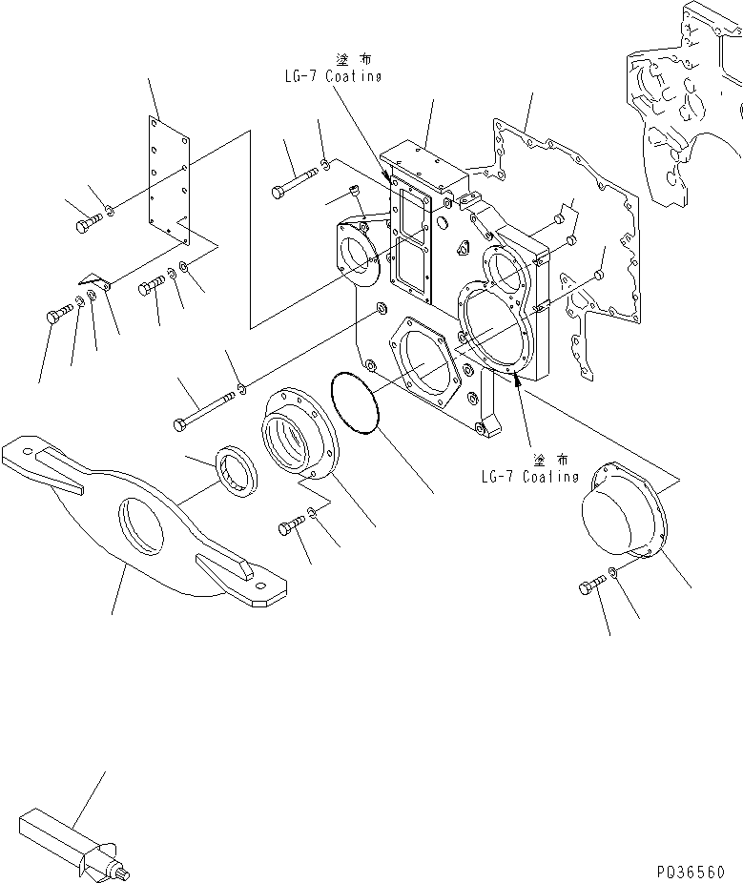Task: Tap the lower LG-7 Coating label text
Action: [529, 475]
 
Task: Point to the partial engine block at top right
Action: [682, 105]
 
